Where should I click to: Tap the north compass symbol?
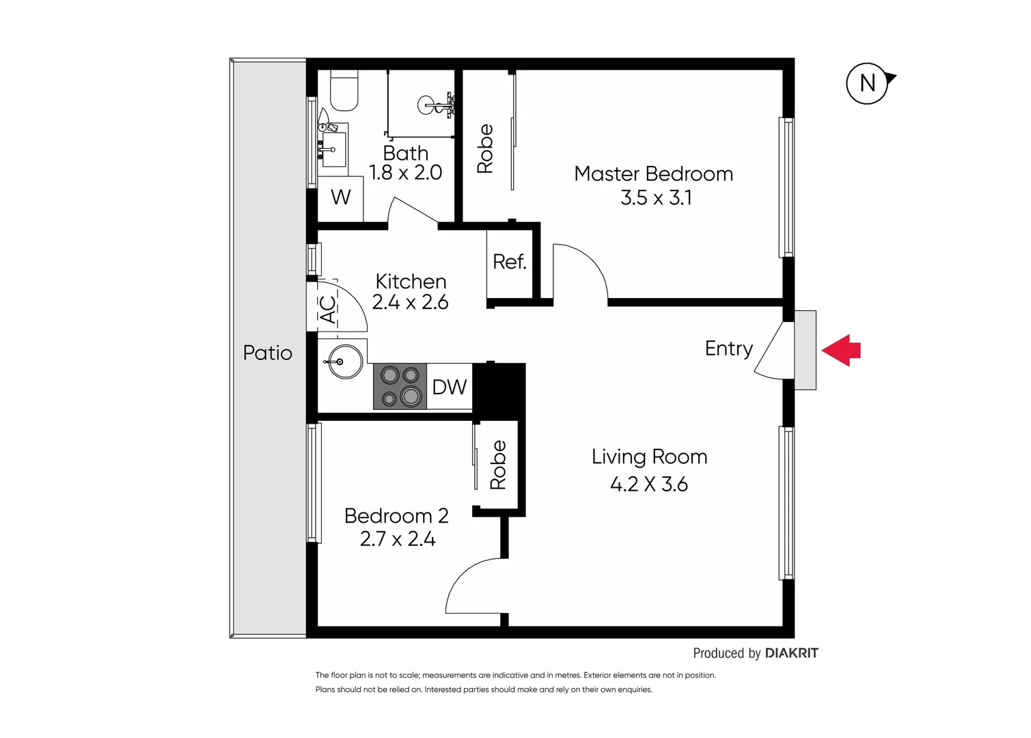868,83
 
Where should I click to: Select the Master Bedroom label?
653,174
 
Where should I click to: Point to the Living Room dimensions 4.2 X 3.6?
648,484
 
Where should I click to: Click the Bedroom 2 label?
396,516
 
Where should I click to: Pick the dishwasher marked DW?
449,387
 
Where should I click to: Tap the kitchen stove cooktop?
400,386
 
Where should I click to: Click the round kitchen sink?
346,361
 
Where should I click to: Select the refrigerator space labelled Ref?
509,262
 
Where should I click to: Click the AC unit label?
329,309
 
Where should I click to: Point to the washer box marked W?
340,197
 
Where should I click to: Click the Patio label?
267,353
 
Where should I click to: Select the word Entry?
728,348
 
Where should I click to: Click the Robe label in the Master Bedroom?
485,148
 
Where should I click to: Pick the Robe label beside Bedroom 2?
499,465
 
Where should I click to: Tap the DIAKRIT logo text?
791,653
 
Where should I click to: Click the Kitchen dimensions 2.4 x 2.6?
410,302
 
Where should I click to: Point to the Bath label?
405,153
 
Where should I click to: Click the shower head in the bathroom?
436,105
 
